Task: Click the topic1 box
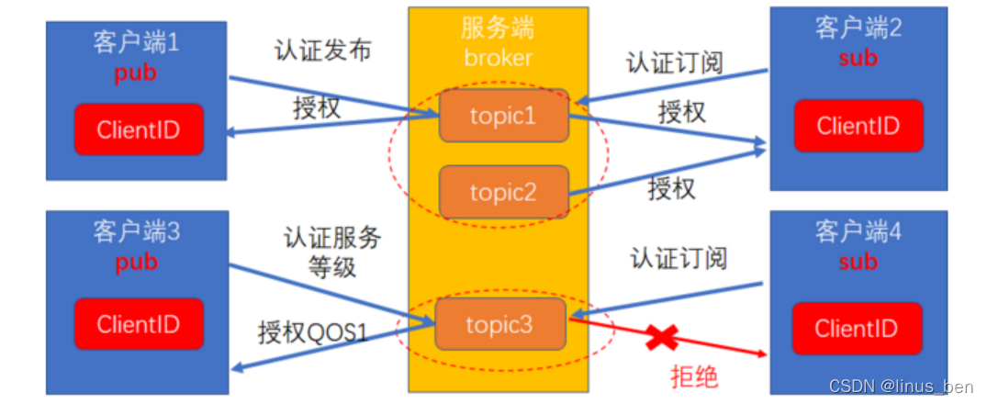pyautogui.click(x=503, y=116)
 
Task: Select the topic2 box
pyautogui.click(x=503, y=192)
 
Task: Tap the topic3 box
pyautogui.click(x=500, y=324)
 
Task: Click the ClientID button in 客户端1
pyautogui.click(x=138, y=129)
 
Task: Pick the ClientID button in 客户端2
pyautogui.click(x=858, y=126)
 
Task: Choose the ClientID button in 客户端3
pyautogui.click(x=138, y=324)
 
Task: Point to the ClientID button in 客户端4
pyautogui.click(x=856, y=328)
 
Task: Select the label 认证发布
pyautogui.click(x=323, y=50)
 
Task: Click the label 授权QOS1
pyautogui.click(x=313, y=331)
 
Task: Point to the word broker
pyautogui.click(x=498, y=58)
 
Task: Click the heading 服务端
pyautogui.click(x=498, y=28)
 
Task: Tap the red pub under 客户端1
pyautogui.click(x=136, y=74)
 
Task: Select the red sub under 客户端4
pyautogui.click(x=858, y=261)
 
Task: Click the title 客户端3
pyautogui.click(x=136, y=232)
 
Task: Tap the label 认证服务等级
pyautogui.click(x=331, y=252)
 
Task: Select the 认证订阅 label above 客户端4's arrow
pyautogui.click(x=679, y=258)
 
